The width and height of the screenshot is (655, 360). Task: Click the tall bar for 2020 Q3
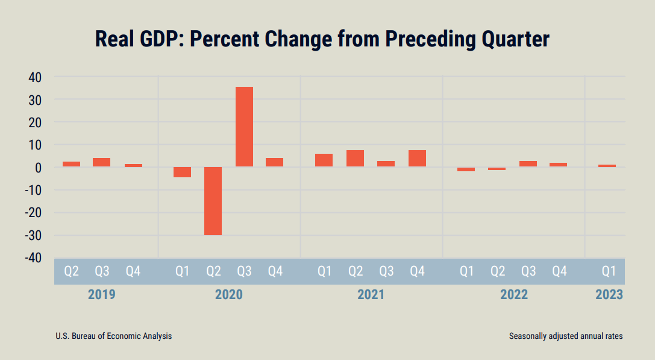point(244,127)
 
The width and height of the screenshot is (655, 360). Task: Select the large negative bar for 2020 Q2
point(213,201)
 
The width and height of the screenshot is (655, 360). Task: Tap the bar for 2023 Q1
point(607,165)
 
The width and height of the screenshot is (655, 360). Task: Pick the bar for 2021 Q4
point(417,158)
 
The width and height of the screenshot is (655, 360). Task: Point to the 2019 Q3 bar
point(101,162)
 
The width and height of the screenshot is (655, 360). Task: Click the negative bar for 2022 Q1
point(466,169)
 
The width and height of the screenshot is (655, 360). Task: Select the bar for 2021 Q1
point(324,160)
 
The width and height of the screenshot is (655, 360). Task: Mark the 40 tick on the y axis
point(34,77)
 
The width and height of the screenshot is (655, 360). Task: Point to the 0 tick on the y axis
point(37,168)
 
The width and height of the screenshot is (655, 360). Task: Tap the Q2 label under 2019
point(71,271)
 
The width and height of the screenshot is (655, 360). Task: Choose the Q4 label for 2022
point(559,271)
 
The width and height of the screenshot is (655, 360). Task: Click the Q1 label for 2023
point(609,271)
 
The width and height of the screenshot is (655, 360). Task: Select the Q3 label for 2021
point(386,271)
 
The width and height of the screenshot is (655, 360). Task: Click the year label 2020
point(228,295)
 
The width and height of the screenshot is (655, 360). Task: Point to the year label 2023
point(609,295)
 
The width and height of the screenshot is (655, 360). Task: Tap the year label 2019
point(101,295)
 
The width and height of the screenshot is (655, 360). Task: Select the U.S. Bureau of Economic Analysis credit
point(113,336)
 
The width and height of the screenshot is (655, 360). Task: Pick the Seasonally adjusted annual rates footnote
point(565,336)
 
